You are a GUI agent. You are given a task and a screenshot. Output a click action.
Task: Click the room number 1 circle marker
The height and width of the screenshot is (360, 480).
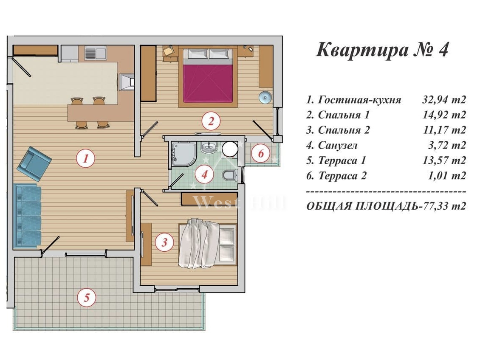click(x=86, y=158)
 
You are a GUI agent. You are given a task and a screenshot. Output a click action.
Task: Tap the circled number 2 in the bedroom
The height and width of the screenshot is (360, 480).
click(x=211, y=121)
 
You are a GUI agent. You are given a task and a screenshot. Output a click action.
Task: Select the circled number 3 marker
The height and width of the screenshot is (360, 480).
click(x=164, y=242)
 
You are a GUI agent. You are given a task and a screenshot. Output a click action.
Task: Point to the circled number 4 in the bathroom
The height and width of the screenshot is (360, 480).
click(x=204, y=174)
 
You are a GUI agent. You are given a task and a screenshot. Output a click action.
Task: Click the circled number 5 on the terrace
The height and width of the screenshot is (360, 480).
click(x=87, y=297)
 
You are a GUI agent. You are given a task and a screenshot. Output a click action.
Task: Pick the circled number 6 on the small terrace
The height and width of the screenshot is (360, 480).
click(x=261, y=153)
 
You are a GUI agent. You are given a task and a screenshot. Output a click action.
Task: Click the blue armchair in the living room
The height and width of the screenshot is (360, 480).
click(x=34, y=163)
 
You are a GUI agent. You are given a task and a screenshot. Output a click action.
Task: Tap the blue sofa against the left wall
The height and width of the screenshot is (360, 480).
click(x=28, y=215)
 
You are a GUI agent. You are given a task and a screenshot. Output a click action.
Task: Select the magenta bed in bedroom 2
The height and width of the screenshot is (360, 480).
click(x=208, y=76)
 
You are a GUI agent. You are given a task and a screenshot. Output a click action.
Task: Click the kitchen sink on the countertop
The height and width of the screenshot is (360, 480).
click(x=95, y=53)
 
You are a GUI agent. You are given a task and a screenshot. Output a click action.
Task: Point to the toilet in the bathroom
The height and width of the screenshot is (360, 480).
click(x=229, y=175)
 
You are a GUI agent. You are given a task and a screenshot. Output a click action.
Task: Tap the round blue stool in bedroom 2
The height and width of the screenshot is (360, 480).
click(x=265, y=97)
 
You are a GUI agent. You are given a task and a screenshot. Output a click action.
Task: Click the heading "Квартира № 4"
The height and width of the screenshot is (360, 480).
click(x=382, y=50)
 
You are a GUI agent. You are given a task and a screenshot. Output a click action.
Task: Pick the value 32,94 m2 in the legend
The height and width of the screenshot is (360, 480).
click(x=444, y=99)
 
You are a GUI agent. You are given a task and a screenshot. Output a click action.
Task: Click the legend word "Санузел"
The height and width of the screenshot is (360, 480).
click(x=338, y=145)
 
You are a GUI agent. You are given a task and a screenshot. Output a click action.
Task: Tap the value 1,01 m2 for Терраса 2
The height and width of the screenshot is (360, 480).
click(x=446, y=176)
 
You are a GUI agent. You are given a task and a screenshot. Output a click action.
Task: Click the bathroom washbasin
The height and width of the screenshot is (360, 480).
click(x=209, y=147)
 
